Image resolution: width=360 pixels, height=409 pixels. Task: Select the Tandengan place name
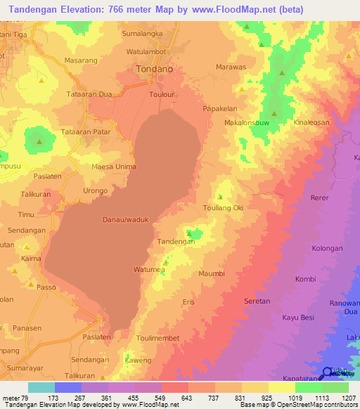(175, 241)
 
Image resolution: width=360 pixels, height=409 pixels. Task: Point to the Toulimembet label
(159, 337)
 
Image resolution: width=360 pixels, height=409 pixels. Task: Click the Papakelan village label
(222, 109)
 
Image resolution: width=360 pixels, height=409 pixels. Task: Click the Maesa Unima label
(113, 167)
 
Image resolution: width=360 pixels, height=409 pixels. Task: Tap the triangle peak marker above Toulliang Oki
(221, 197)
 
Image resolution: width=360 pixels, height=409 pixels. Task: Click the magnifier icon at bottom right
(328, 374)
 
